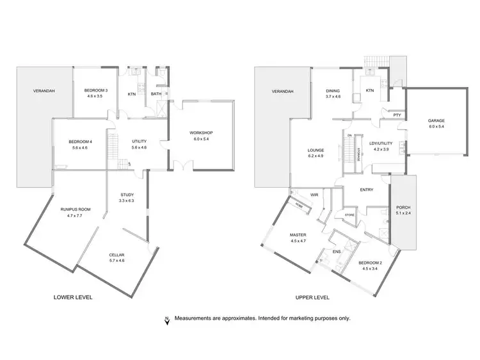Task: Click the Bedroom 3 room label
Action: pyautogui.click(x=96, y=90)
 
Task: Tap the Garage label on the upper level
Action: pyautogui.click(x=436, y=120)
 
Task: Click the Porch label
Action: pyautogui.click(x=403, y=207)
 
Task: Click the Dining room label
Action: pyautogui.click(x=333, y=90)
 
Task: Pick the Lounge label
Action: pyautogui.click(x=316, y=150)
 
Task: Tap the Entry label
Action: pyautogui.click(x=367, y=189)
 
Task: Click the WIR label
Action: pyautogui.click(x=314, y=194)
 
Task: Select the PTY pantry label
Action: pyautogui.click(x=397, y=115)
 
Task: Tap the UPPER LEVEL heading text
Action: pyautogui.click(x=312, y=298)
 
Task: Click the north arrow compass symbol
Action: pyautogui.click(x=167, y=320)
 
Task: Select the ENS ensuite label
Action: pyautogui.click(x=337, y=252)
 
